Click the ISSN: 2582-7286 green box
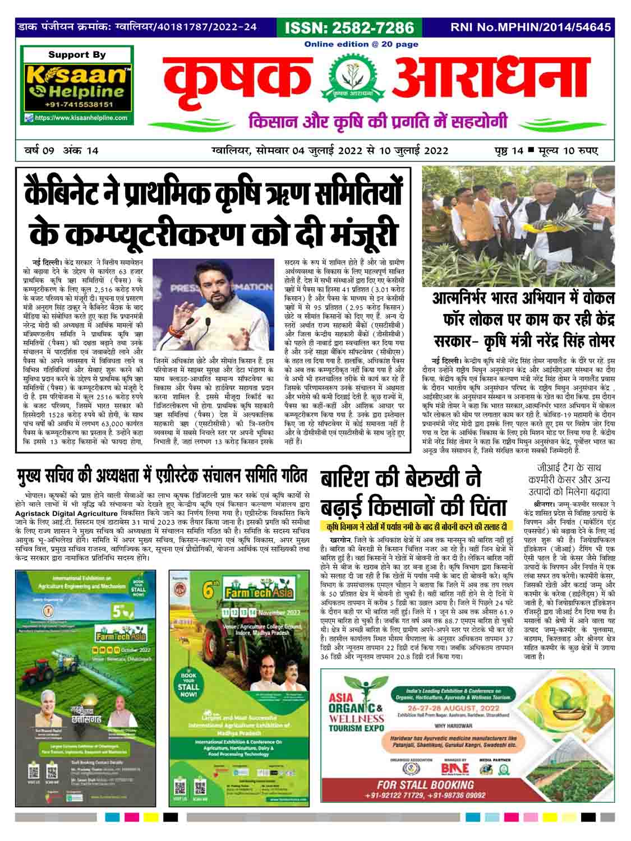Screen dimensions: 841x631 (349, 27)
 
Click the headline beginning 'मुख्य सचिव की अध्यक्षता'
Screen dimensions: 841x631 (161, 477)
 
